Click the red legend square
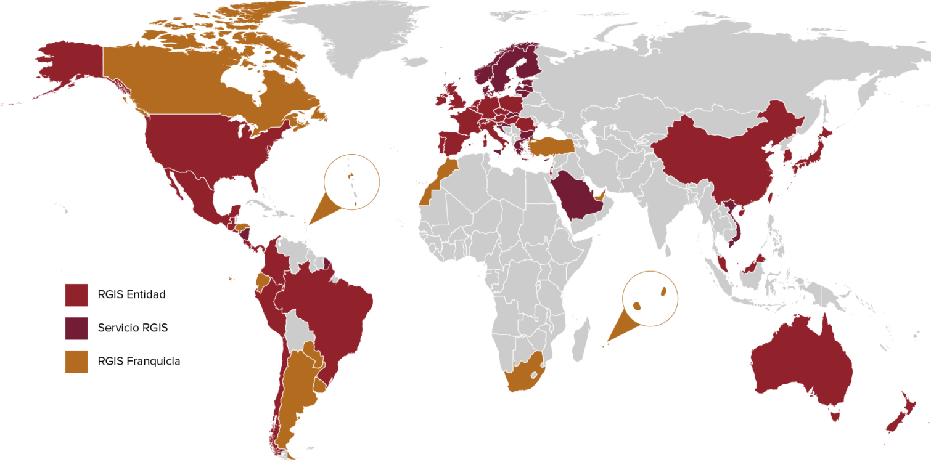pos(76,295)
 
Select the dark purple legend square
pos(76,328)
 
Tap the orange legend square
pos(76,362)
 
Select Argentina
pos(296,382)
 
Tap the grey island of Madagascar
pos(580,342)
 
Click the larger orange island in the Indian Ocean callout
pos(638,306)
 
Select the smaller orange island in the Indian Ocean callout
pos(665,291)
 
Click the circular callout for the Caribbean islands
pos(351,182)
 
